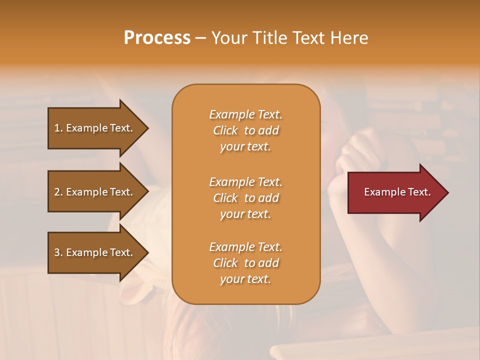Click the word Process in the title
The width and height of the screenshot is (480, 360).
click(x=157, y=37)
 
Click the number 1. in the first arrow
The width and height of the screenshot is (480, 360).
click(x=58, y=128)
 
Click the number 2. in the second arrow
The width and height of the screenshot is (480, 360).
click(x=58, y=192)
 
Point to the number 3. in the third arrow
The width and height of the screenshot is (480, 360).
click(x=58, y=252)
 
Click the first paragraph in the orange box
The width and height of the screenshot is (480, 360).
click(x=245, y=130)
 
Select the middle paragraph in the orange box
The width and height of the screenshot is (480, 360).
click(x=245, y=198)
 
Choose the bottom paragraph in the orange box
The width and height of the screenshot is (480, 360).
click(x=245, y=263)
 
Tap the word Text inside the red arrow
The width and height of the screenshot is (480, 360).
click(x=419, y=192)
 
